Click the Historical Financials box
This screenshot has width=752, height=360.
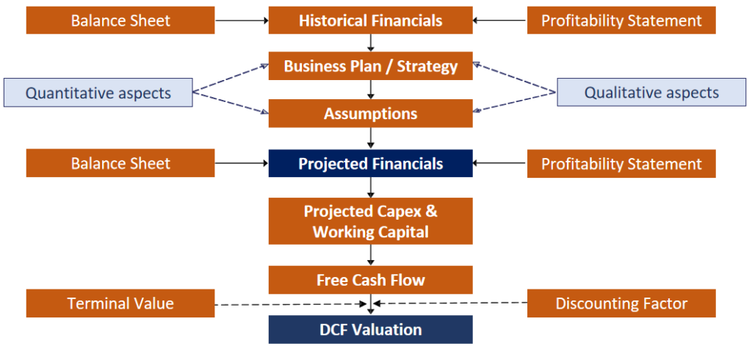370,21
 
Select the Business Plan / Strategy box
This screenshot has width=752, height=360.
370,67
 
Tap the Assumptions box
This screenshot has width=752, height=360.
370,114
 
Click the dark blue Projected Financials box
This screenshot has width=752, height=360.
370,163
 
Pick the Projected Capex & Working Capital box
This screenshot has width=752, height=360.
370,221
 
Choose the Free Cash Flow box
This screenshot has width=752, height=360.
370,280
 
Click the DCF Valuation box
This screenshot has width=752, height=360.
370,330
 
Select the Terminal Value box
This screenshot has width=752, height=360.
120,303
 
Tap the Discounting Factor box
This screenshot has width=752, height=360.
621,303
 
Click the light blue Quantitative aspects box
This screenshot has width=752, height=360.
98,93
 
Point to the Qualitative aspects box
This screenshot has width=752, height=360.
651,93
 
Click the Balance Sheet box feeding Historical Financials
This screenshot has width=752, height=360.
120,21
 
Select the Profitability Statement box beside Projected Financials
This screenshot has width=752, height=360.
621,163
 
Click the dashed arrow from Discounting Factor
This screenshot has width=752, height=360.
452,303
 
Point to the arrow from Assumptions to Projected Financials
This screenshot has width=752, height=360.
371,137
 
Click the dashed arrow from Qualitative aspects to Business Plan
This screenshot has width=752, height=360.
514,79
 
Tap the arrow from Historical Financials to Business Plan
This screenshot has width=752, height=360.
371,43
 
